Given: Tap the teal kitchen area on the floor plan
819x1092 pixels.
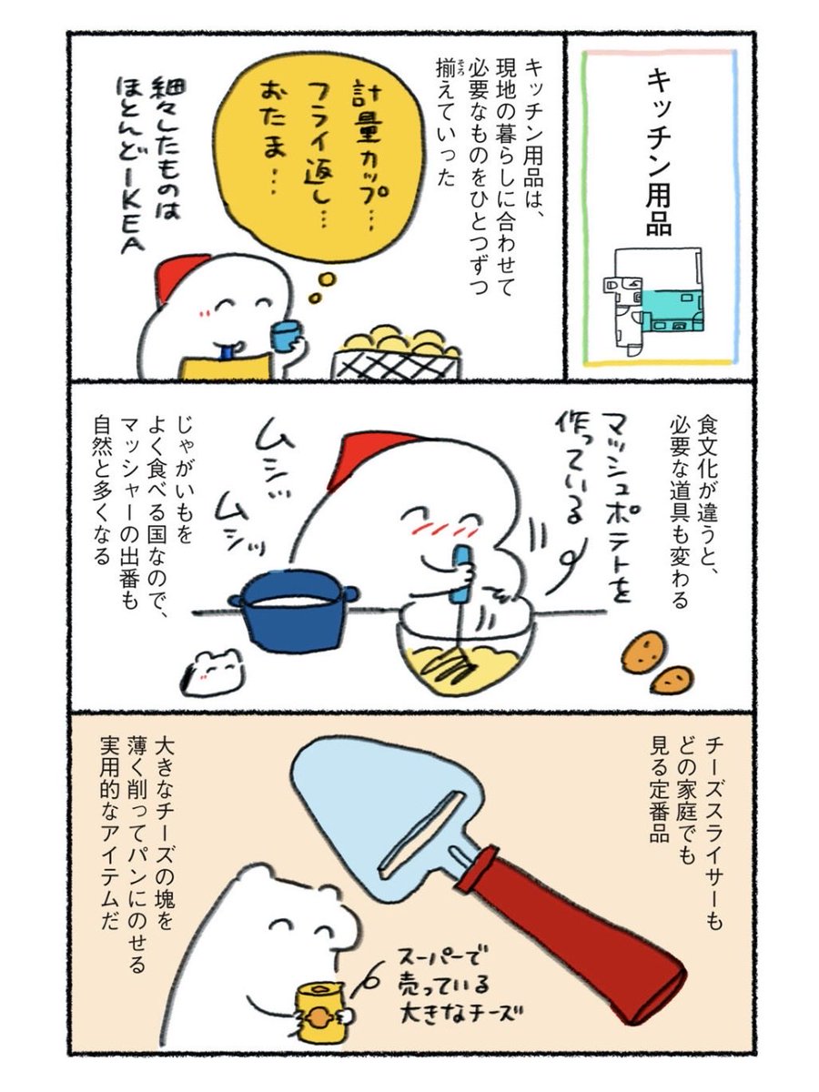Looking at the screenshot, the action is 672,311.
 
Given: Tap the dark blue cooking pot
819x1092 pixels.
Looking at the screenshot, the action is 294,611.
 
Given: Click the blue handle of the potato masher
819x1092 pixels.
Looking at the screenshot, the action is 460,576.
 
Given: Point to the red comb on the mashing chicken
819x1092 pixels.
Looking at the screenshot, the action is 367,455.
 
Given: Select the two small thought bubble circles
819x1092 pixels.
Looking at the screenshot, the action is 321,288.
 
